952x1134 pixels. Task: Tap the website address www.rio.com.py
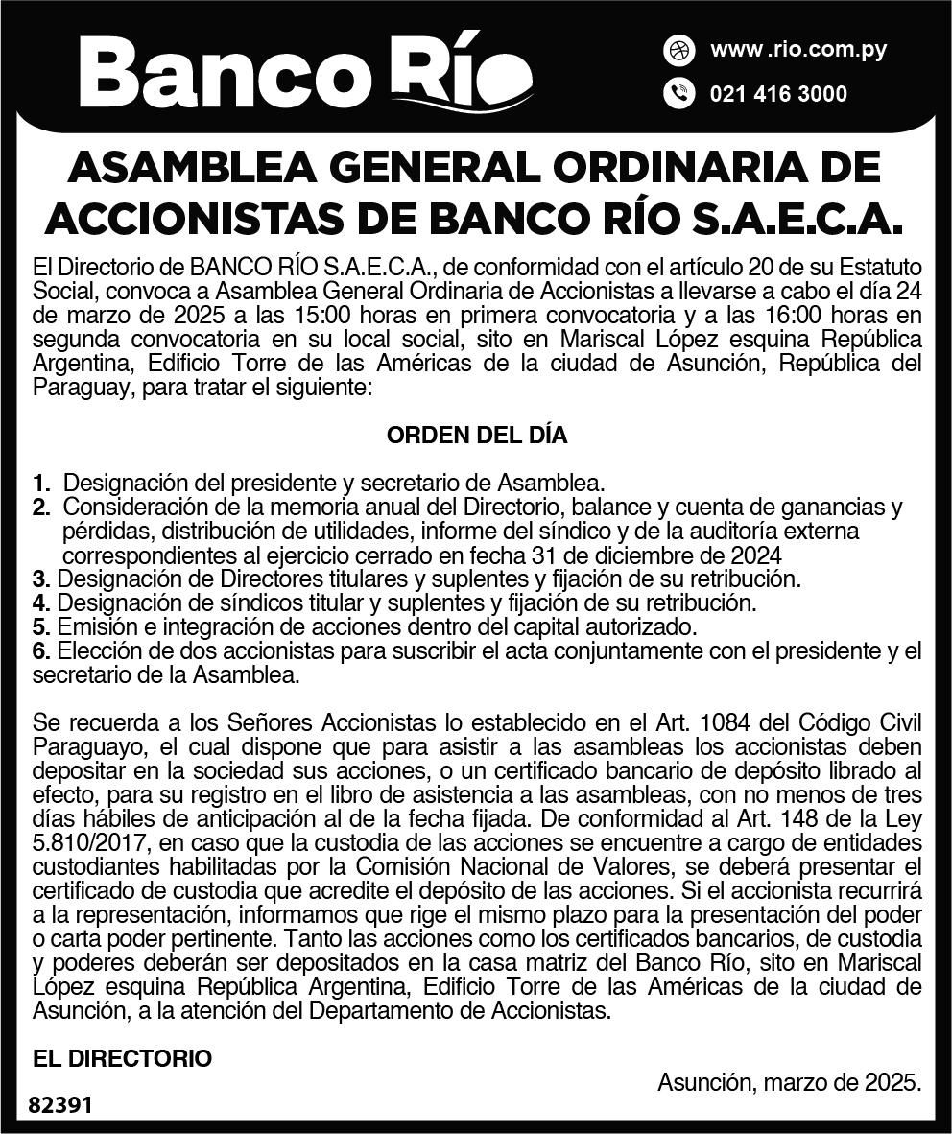pyautogui.click(x=797, y=50)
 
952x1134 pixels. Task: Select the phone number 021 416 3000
pyautogui.click(x=778, y=94)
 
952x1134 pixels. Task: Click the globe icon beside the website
pyautogui.click(x=678, y=50)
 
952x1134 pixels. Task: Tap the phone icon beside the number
pyautogui.click(x=678, y=94)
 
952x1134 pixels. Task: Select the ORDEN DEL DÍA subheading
pyautogui.click(x=476, y=435)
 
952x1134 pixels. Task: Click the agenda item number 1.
pyautogui.click(x=40, y=484)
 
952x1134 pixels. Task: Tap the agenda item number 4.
pyautogui.click(x=40, y=603)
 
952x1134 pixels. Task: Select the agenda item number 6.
pyautogui.click(x=40, y=652)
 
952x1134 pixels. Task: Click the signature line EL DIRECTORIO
pyautogui.click(x=122, y=1058)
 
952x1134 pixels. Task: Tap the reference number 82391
pyautogui.click(x=60, y=1105)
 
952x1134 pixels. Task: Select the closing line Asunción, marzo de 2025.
pyautogui.click(x=789, y=1082)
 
